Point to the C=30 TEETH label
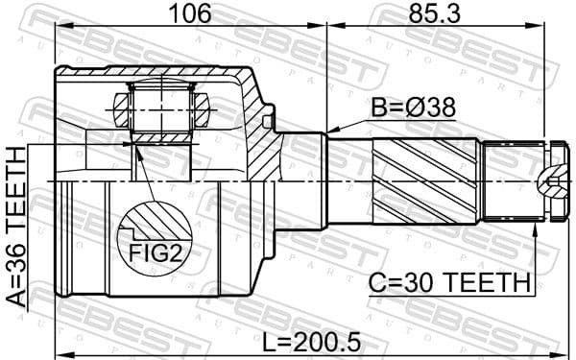click(x=450, y=282)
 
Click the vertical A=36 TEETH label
click(x=16, y=227)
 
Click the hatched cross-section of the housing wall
click(x=259, y=125)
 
